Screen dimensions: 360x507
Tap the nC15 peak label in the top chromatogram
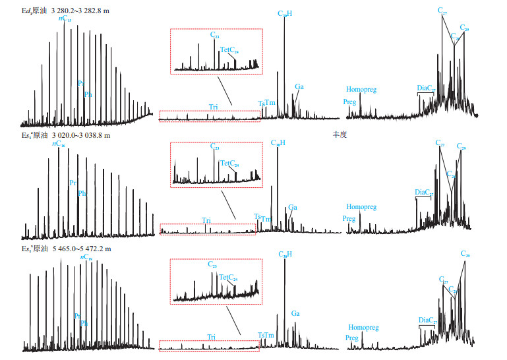[65, 18]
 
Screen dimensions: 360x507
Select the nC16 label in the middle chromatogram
[59, 142]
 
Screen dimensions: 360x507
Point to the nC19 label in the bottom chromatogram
[86, 257]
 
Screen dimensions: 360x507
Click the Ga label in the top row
[299, 86]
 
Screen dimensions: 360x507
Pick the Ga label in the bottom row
[295, 315]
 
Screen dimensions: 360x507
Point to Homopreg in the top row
[361, 90]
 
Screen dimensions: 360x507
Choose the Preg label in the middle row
[349, 218]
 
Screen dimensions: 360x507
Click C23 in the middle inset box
[215, 147]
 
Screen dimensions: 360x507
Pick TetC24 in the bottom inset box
[228, 278]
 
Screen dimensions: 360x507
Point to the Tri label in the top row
[214, 106]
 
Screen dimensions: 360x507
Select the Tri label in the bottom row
[211, 337]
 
